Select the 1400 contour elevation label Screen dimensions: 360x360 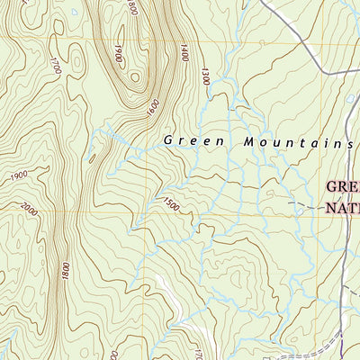(x=184, y=54)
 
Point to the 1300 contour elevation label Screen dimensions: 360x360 (x=205, y=79)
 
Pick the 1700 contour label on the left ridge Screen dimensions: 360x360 (x=56, y=65)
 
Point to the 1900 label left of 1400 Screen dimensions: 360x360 (x=118, y=54)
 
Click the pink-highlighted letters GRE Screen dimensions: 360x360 (x=342, y=188)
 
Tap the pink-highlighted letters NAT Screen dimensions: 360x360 (x=342, y=208)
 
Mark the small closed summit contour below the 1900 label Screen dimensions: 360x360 (x=134, y=77)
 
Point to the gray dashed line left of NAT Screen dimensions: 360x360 (x=301, y=207)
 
